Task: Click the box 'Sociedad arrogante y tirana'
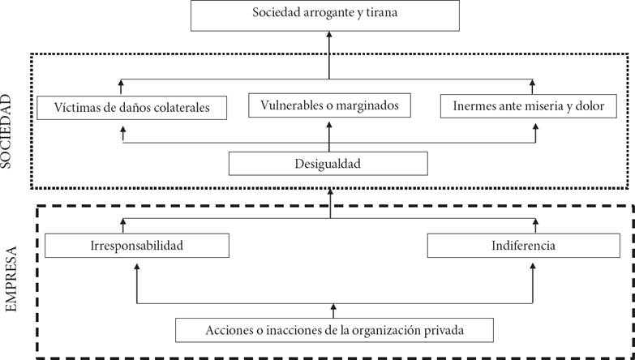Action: (x=324, y=15)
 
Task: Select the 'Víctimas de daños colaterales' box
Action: (x=131, y=108)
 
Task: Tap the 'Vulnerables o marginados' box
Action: (x=329, y=105)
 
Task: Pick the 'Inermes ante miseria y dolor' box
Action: (x=529, y=106)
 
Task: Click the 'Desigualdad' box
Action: (x=328, y=164)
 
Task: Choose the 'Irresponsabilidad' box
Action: (x=137, y=246)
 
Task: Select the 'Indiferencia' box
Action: (x=524, y=246)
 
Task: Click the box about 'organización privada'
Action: (x=334, y=330)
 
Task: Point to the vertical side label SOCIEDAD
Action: (x=6, y=131)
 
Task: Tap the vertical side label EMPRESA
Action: (x=11, y=279)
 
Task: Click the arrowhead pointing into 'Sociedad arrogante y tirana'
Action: (x=329, y=34)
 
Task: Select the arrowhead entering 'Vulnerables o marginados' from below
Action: (x=329, y=126)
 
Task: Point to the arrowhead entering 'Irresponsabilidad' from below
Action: (x=137, y=267)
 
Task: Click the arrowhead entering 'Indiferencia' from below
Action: (x=533, y=267)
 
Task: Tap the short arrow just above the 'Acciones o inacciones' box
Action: (x=333, y=311)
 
